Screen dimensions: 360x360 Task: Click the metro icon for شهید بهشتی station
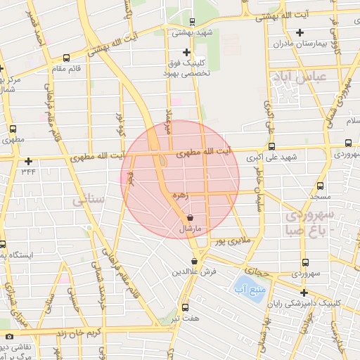click(193, 22)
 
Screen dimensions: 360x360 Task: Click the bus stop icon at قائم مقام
click(66, 58)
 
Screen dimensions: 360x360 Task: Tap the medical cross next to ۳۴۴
click(28, 161)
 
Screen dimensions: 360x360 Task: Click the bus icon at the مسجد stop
click(321, 187)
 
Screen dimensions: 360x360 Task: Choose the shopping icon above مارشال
click(192, 219)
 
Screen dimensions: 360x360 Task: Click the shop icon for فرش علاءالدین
click(195, 262)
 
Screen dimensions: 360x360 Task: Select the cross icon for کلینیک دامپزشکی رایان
click(304, 292)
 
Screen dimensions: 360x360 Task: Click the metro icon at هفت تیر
click(186, 307)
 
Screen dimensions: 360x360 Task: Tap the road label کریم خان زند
click(80, 330)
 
